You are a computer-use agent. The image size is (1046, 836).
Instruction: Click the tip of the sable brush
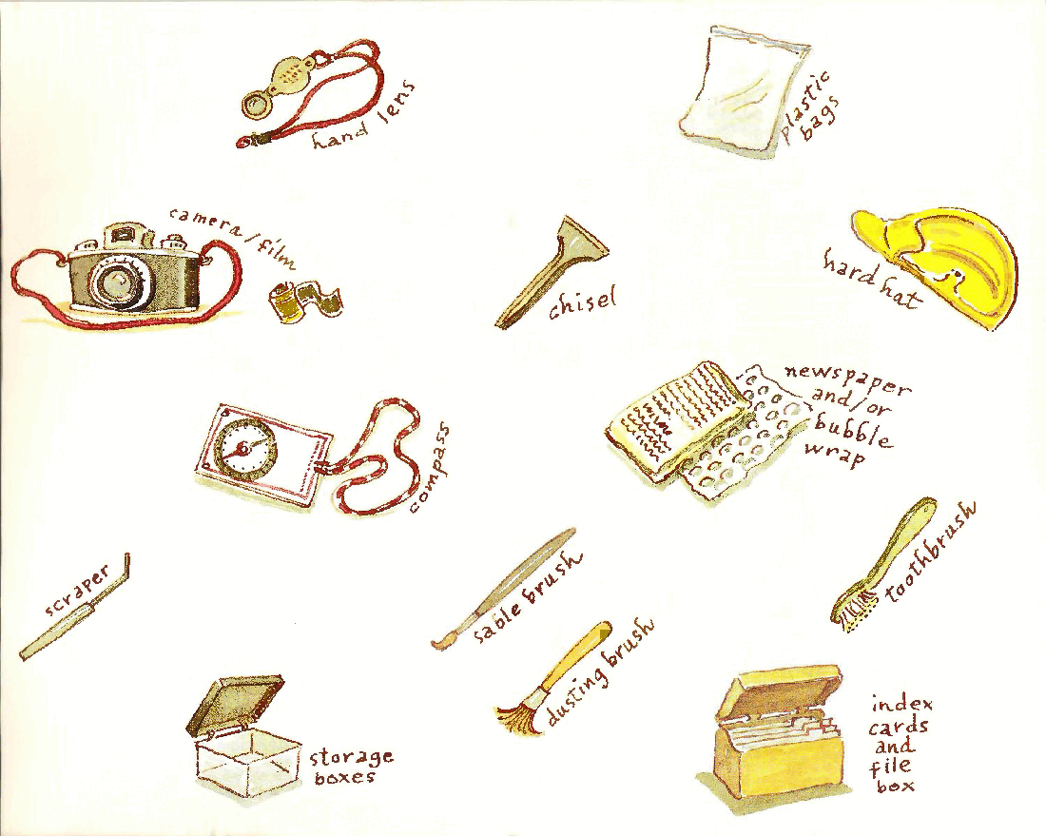coord(436,645)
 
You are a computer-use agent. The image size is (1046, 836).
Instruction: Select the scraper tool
coord(75,606)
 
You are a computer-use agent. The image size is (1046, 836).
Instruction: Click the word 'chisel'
coord(581,303)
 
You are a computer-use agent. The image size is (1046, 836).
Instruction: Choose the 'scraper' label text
coord(77,591)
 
